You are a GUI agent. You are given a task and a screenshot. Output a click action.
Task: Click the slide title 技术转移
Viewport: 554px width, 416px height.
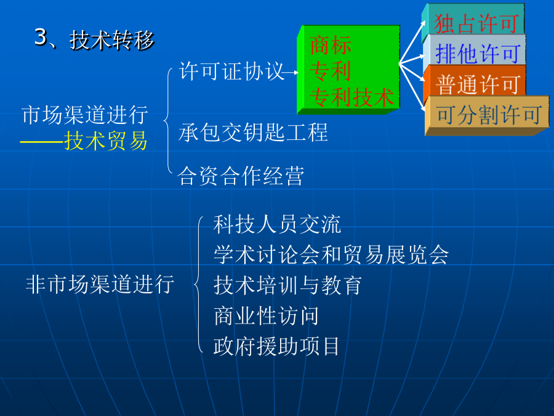(x=112, y=40)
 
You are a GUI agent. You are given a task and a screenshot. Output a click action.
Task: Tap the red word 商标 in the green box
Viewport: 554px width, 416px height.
(x=331, y=45)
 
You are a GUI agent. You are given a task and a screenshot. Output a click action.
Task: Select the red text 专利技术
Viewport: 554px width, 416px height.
(x=351, y=97)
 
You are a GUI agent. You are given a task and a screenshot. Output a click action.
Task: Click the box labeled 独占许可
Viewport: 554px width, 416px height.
(x=473, y=19)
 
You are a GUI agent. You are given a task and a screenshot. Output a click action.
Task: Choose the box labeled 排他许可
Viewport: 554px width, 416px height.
(x=474, y=53)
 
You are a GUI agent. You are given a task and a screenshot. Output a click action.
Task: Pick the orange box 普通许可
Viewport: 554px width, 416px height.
(x=475, y=84)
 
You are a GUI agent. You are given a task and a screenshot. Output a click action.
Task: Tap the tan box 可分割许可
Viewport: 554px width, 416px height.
(x=487, y=115)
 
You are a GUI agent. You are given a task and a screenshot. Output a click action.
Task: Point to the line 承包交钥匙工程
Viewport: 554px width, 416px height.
(x=253, y=133)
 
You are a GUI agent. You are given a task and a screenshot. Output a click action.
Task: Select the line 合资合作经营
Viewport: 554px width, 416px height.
(x=241, y=176)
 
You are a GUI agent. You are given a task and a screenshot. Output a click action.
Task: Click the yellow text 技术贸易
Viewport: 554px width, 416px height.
(x=105, y=141)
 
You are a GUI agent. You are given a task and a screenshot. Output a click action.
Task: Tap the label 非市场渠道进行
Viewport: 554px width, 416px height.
(x=100, y=284)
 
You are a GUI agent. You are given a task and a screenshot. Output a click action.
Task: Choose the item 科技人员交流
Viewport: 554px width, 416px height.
(x=277, y=224)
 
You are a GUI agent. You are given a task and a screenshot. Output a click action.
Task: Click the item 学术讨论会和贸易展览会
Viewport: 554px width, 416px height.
(x=331, y=255)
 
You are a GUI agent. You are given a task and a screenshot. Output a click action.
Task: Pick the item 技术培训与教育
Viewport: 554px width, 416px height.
(x=287, y=285)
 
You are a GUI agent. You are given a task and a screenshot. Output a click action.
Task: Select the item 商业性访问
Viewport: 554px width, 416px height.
(x=266, y=316)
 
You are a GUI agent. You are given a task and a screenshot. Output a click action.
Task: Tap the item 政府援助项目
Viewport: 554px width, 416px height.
(x=276, y=346)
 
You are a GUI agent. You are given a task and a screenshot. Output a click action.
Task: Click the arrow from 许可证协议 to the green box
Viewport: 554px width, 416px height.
(x=291, y=73)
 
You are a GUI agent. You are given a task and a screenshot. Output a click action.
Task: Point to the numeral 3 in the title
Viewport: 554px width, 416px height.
(x=41, y=37)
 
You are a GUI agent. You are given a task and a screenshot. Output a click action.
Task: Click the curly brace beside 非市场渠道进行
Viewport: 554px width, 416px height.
(x=197, y=285)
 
